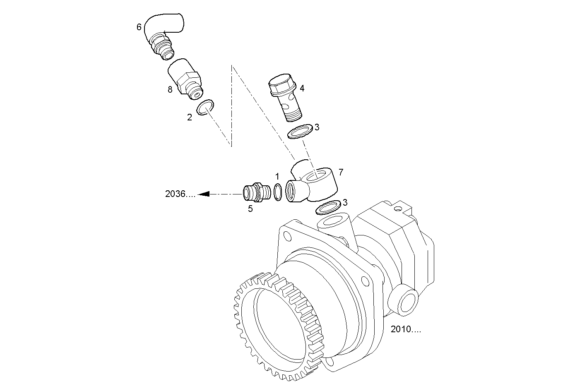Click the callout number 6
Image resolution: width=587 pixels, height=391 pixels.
[139, 27]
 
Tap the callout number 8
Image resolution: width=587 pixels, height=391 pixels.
[170, 89]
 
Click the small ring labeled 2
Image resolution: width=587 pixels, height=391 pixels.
[205, 107]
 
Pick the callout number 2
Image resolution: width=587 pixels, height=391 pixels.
[190, 118]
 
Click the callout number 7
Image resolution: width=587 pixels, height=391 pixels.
[340, 172]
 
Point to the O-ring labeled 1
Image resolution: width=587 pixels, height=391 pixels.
[278, 192]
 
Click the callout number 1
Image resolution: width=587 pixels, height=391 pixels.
[277, 177]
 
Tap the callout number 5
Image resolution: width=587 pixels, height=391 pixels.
[250, 209]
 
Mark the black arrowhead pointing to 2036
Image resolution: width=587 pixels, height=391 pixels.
[203, 194]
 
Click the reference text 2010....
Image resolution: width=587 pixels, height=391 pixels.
[406, 329]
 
